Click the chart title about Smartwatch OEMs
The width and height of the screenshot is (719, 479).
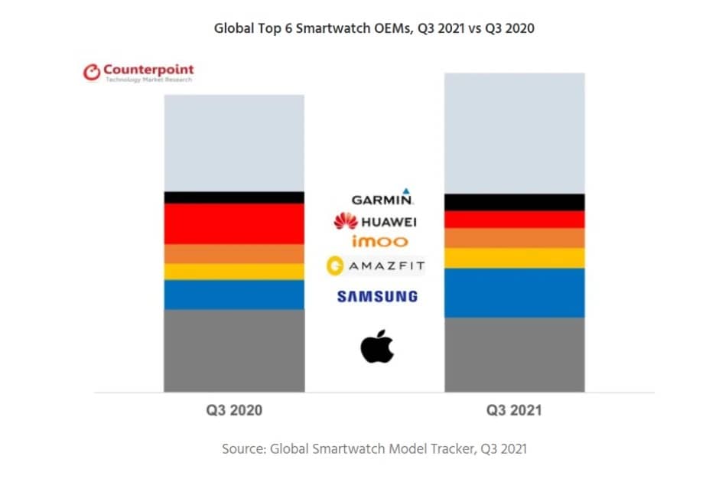(374, 30)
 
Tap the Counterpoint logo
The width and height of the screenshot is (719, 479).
(138, 73)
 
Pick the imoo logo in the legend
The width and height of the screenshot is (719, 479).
(379, 242)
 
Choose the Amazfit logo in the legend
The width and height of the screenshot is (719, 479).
(375, 266)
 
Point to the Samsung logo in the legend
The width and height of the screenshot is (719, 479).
(377, 296)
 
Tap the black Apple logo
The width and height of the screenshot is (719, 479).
(377, 347)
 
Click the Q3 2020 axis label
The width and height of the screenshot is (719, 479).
(234, 410)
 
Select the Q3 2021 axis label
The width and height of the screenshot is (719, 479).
(514, 410)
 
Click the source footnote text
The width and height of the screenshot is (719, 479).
(374, 448)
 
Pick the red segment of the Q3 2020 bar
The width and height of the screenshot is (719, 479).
(234, 223)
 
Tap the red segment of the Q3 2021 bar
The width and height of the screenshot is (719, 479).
(514, 220)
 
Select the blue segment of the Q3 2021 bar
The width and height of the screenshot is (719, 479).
(514, 292)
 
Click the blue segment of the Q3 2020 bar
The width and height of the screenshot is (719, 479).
(234, 295)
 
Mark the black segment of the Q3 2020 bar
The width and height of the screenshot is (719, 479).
(234, 197)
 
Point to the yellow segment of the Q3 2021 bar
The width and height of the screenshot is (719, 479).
(514, 258)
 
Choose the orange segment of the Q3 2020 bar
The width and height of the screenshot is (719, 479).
(234, 253)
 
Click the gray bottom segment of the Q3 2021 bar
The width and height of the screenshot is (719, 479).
(514, 354)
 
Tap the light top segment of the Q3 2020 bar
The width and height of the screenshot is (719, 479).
(234, 143)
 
